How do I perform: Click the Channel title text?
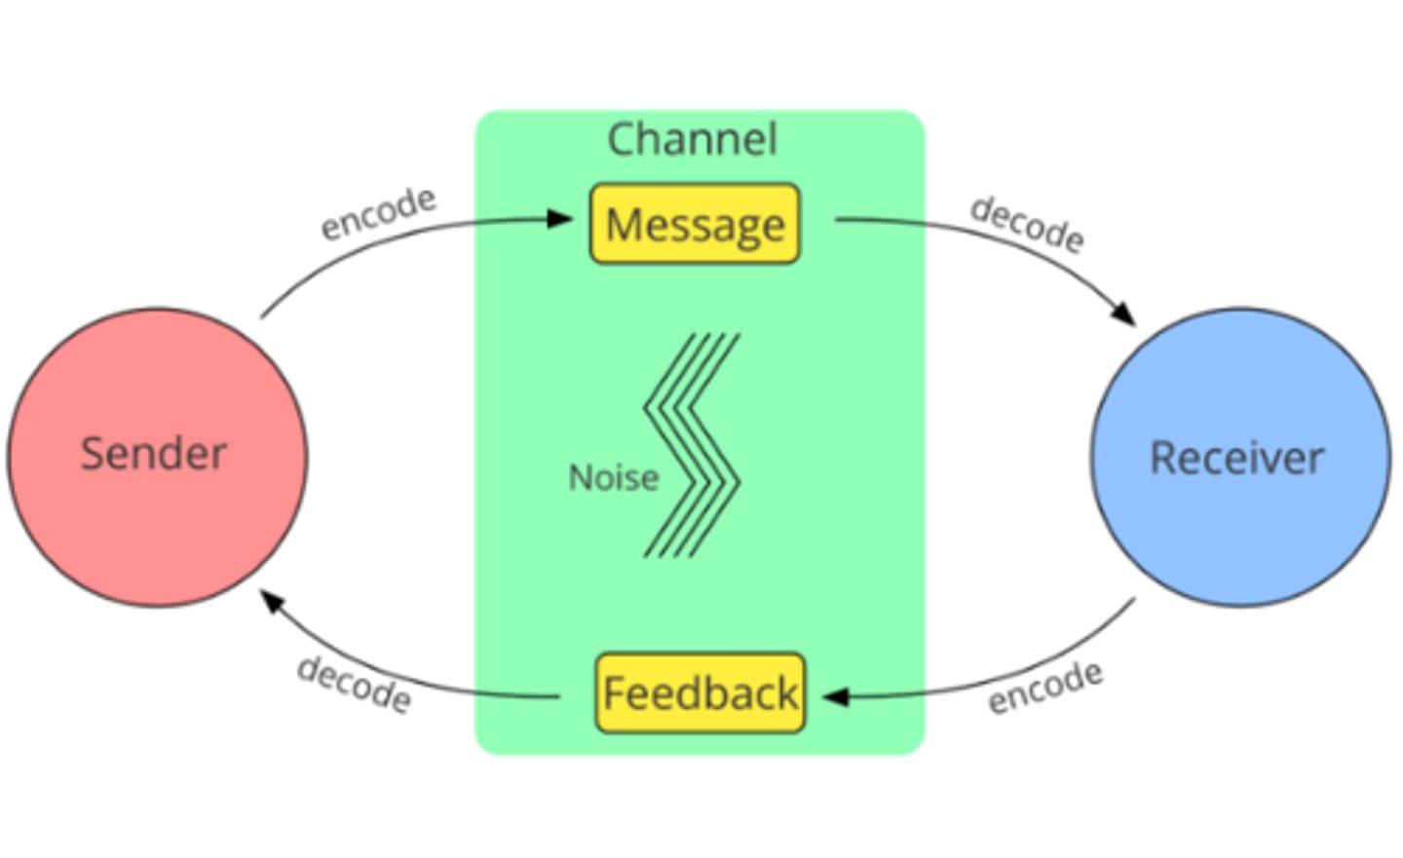[692, 139]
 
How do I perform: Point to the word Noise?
[613, 478]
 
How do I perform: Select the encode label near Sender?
[378, 212]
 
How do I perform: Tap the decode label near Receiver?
[1027, 224]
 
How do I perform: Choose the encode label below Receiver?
[1044, 687]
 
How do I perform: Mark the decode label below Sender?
[354, 684]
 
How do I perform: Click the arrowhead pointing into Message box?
[560, 218]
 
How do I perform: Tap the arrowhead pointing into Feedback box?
[836, 696]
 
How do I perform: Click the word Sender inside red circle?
[153, 454]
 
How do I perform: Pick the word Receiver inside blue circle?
[1236, 458]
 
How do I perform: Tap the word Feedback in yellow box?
[700, 693]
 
